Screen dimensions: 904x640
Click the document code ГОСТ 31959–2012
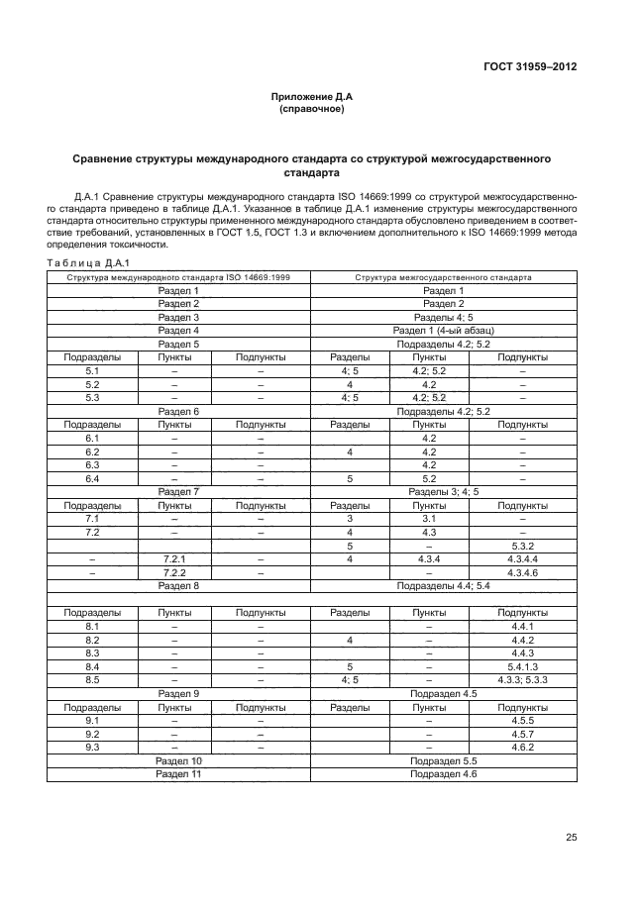[x=530, y=67]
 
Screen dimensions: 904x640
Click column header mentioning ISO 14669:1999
[x=178, y=277]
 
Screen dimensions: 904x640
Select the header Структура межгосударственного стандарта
[x=443, y=277]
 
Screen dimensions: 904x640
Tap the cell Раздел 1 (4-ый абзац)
[x=443, y=330]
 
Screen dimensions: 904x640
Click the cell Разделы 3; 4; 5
[x=443, y=491]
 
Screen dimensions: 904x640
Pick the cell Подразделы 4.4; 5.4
[x=443, y=586]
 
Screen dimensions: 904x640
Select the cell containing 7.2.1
[x=174, y=559]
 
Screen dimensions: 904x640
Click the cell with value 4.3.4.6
[x=522, y=573]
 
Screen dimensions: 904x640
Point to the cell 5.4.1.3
[x=522, y=667]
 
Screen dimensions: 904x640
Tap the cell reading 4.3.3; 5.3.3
[x=522, y=680]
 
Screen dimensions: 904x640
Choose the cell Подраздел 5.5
[x=443, y=760]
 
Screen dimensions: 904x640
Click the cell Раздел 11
[x=178, y=774]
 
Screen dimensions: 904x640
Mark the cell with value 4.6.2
[x=522, y=748]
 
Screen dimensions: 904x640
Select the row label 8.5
[x=93, y=680]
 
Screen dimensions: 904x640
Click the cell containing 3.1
[x=429, y=518]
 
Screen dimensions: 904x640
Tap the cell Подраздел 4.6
[x=443, y=774]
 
